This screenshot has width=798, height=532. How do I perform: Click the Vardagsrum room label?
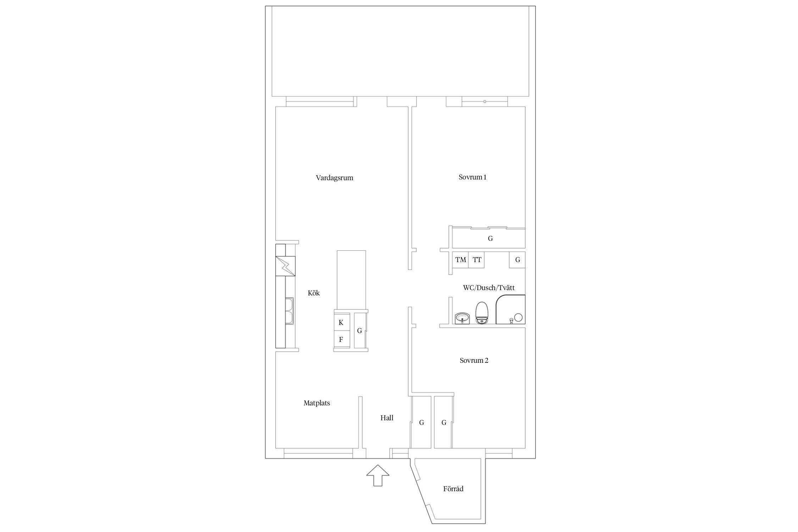pos(334,178)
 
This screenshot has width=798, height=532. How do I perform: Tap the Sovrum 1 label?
pos(472,177)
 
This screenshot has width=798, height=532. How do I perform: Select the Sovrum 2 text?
pos(474,360)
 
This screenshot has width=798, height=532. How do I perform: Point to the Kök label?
pos(314,293)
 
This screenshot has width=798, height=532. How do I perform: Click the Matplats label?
pos(317,403)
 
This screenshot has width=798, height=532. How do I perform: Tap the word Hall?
pos(387,418)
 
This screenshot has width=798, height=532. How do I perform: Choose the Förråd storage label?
pos(453,489)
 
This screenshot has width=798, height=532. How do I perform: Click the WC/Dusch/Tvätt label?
pos(489,288)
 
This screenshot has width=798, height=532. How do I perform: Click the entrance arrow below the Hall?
pos(378,475)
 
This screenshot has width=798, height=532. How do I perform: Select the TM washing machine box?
pos(460,260)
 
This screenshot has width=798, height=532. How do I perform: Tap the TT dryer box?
pos(477,260)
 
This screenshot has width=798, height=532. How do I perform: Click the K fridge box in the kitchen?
pos(341,322)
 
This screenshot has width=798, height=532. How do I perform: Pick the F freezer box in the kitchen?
pos(341,339)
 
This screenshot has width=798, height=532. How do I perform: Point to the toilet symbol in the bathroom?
pos(482,313)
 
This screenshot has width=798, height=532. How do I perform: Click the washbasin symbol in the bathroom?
pos(462,318)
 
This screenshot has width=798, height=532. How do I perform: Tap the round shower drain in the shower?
pos(518,317)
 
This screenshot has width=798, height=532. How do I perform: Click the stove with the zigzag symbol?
pos(285,266)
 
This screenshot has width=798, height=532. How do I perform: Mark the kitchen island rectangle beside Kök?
pos(351,280)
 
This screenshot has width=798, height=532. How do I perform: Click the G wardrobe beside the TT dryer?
pos(517,260)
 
